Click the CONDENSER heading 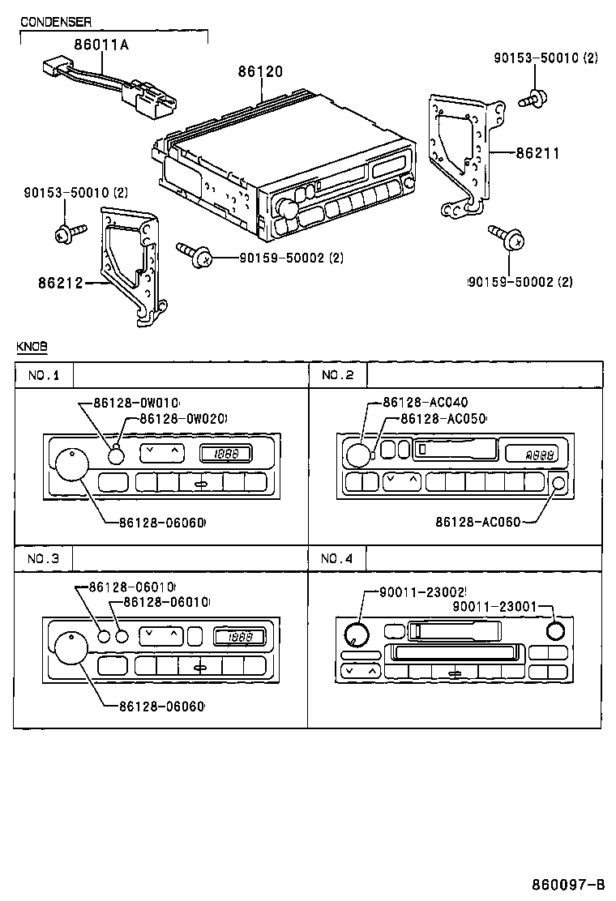[x=55, y=22]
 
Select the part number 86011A [x=101, y=46]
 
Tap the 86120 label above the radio [x=260, y=71]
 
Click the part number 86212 [x=62, y=284]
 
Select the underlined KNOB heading [x=32, y=346]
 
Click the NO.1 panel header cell [x=44, y=375]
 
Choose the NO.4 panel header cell [x=337, y=558]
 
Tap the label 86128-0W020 [x=182, y=418]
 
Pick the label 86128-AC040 [x=425, y=403]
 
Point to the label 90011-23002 [x=422, y=593]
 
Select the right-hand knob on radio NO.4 [x=555, y=631]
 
